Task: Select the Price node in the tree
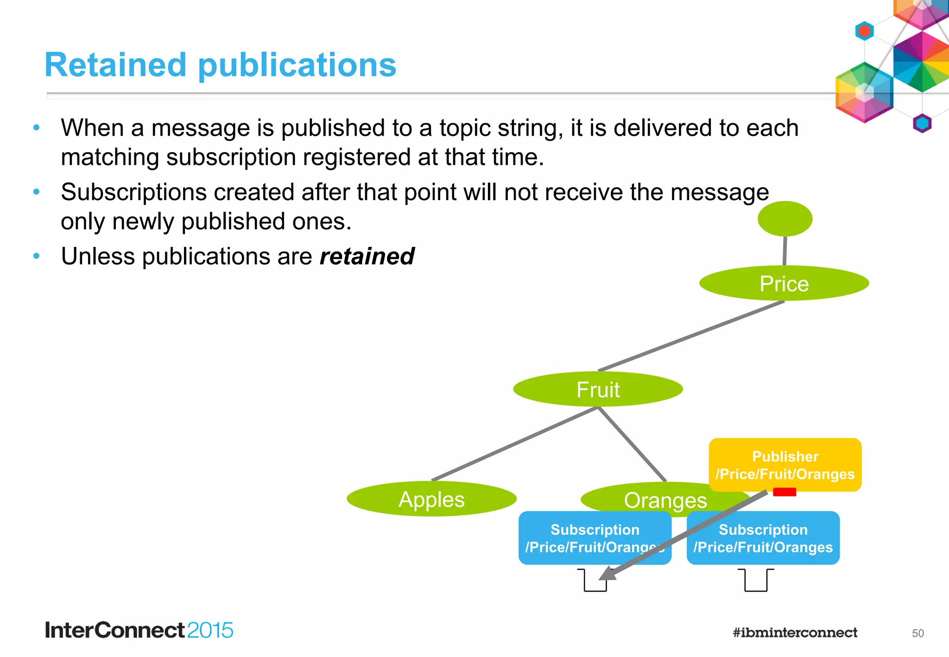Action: click(x=784, y=283)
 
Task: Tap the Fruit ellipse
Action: click(x=598, y=389)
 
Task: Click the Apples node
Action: click(x=431, y=499)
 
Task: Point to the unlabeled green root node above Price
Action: click(x=785, y=218)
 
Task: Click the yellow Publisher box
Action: click(x=785, y=464)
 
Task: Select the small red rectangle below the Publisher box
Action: click(x=785, y=492)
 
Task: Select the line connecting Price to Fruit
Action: click(x=690, y=336)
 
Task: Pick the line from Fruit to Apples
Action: click(x=514, y=443)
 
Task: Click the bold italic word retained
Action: click(x=367, y=256)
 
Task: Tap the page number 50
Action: click(x=917, y=633)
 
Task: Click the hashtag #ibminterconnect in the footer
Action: click(x=795, y=632)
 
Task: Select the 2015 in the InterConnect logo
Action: click(x=210, y=630)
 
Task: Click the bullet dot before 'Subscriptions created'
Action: click(x=37, y=192)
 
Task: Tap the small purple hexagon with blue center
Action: click(x=922, y=123)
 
